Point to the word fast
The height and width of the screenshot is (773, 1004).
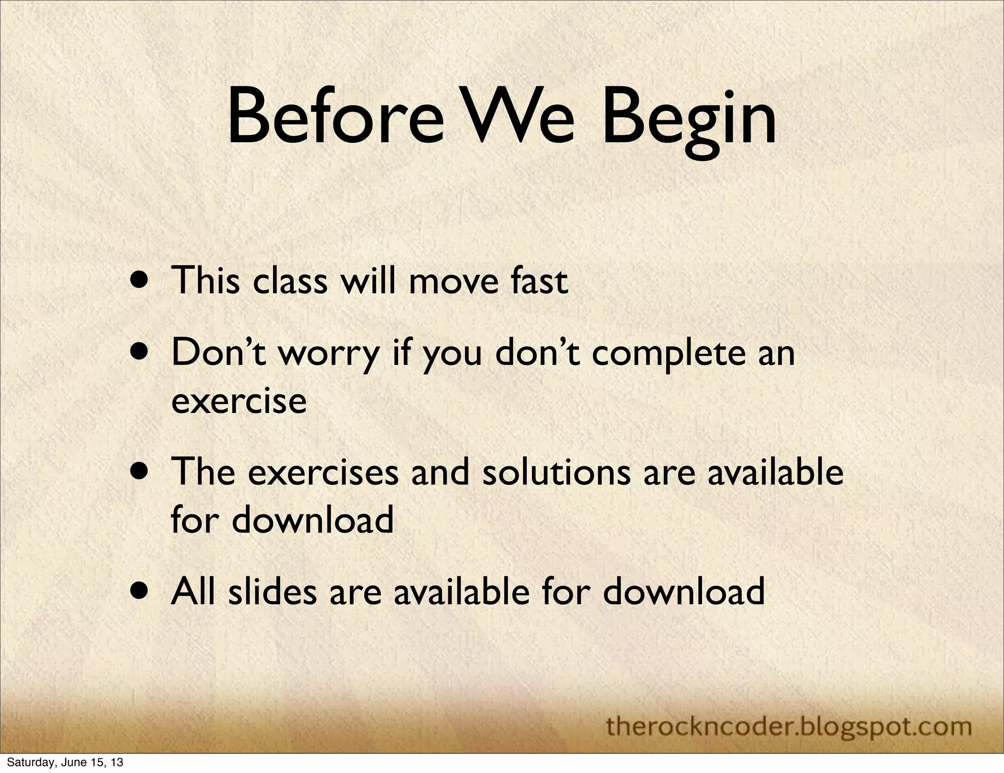539,281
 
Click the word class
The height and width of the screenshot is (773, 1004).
290,281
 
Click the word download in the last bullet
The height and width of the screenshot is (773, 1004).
683,591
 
